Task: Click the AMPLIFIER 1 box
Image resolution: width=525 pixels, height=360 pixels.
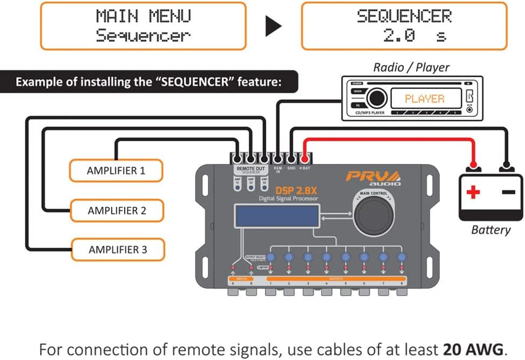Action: click(116, 171)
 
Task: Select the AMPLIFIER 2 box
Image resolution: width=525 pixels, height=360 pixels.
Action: click(117, 211)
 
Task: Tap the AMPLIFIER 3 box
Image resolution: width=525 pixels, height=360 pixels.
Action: click(117, 250)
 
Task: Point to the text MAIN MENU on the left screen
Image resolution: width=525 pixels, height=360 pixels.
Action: click(143, 16)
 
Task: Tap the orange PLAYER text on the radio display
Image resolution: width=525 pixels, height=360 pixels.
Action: click(424, 99)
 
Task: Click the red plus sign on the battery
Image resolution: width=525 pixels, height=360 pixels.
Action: click(473, 193)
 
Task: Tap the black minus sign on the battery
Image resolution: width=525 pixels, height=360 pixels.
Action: click(508, 192)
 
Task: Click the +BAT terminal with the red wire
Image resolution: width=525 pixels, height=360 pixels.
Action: click(305, 159)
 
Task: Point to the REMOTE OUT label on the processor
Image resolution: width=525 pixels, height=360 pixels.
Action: click(251, 169)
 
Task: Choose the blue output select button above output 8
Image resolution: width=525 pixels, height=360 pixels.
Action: click(401, 257)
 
